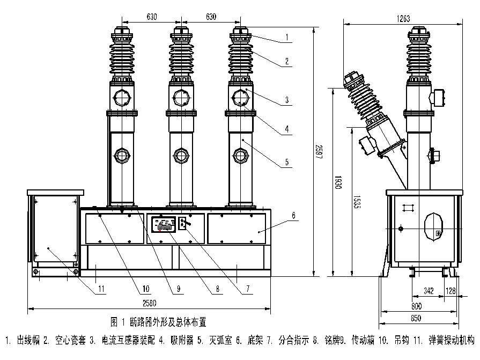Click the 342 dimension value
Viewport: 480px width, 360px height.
428,291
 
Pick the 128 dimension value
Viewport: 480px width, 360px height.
452,291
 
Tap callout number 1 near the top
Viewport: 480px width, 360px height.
287,38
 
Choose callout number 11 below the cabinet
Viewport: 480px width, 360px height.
102,290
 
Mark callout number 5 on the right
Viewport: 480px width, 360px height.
287,161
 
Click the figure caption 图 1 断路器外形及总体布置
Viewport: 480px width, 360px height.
158,322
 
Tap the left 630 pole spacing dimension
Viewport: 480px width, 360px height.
152,17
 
